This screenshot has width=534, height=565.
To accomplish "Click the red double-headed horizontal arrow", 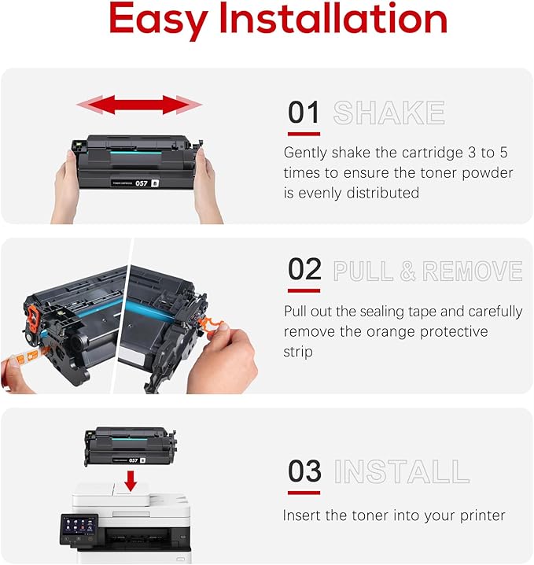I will (x=139, y=104).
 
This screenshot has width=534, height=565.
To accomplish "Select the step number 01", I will (x=304, y=113).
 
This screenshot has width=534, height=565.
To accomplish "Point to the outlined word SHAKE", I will (x=389, y=113).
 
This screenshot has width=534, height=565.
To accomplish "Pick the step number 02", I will (x=304, y=270).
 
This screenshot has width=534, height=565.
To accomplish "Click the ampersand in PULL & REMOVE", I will (x=407, y=271).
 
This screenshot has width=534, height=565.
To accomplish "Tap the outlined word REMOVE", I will (x=472, y=271).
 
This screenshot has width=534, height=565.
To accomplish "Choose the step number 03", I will (x=304, y=471).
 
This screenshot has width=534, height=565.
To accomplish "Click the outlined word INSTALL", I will (x=401, y=472).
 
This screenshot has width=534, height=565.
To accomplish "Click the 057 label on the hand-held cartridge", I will (x=142, y=183).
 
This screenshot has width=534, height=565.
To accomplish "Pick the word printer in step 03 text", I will (x=478, y=516).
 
